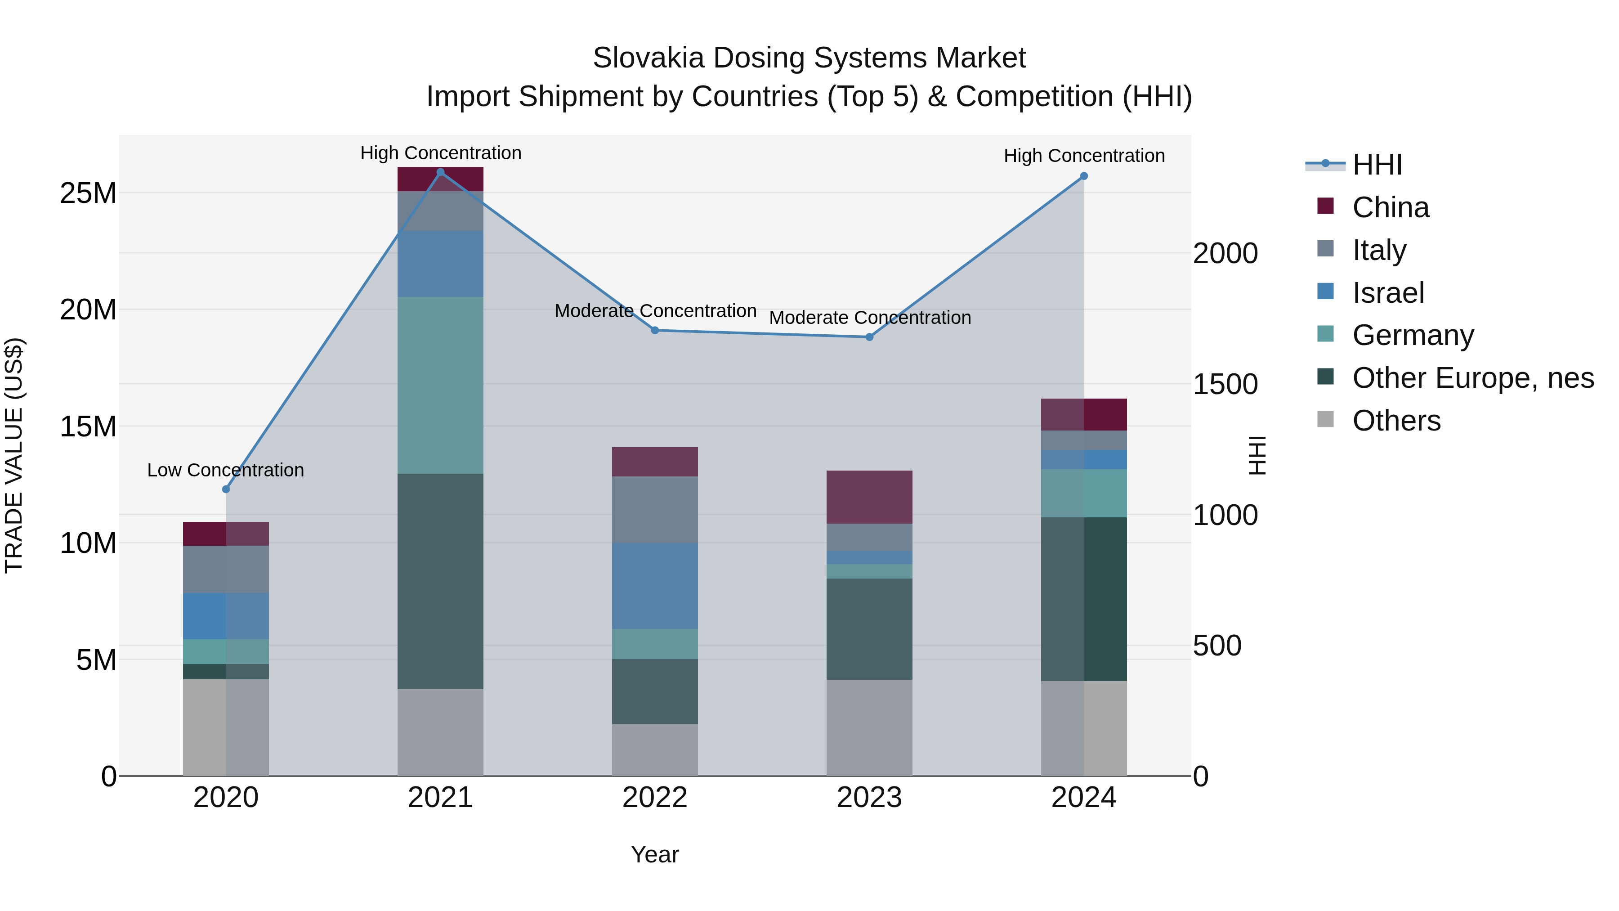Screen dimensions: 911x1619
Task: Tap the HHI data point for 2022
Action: (x=655, y=330)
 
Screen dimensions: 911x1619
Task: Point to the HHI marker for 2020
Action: (x=226, y=489)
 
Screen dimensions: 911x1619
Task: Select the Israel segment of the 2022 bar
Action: (x=655, y=586)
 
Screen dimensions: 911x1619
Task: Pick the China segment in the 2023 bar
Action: (x=869, y=497)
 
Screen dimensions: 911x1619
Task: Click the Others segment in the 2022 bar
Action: (x=655, y=749)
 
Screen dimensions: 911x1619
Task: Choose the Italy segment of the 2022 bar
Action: (x=655, y=509)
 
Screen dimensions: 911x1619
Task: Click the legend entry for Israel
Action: (x=1388, y=293)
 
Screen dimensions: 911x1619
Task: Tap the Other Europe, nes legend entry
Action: (x=1472, y=378)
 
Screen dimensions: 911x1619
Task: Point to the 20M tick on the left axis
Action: (x=88, y=310)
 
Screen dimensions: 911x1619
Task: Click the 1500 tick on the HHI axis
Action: (x=1225, y=385)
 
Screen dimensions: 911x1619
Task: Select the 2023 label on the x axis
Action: (x=869, y=798)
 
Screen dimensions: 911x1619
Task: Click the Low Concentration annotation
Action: (x=226, y=470)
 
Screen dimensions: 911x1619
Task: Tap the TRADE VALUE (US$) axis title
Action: (x=14, y=455)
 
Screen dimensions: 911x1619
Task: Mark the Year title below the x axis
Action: (x=655, y=854)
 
